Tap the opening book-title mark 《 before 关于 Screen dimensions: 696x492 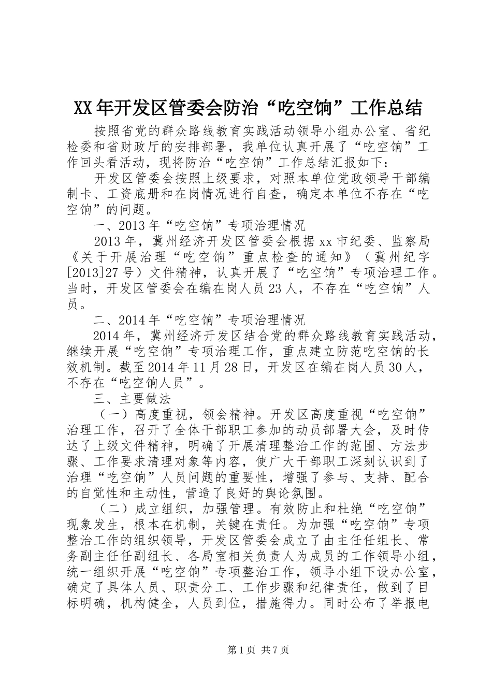[74, 256]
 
